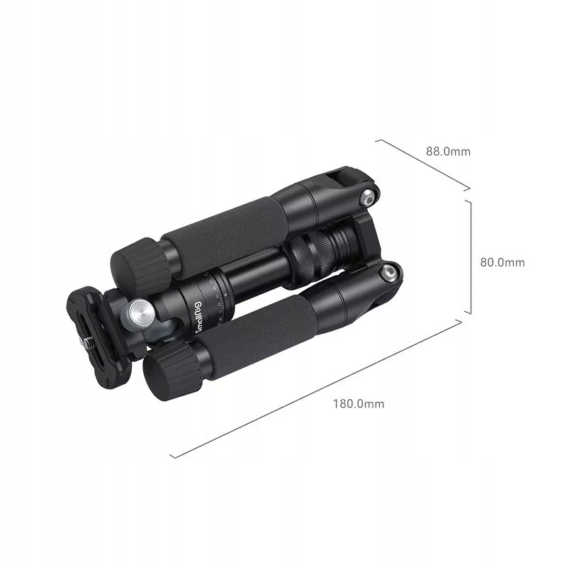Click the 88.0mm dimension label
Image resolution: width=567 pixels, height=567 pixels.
tap(447, 151)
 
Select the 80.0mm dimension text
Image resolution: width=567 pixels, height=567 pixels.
tap(502, 262)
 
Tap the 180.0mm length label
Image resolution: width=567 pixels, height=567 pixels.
tap(358, 404)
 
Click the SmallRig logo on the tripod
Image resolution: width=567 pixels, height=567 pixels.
tap(201, 316)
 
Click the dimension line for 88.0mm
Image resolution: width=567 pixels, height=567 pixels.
tap(422, 164)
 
